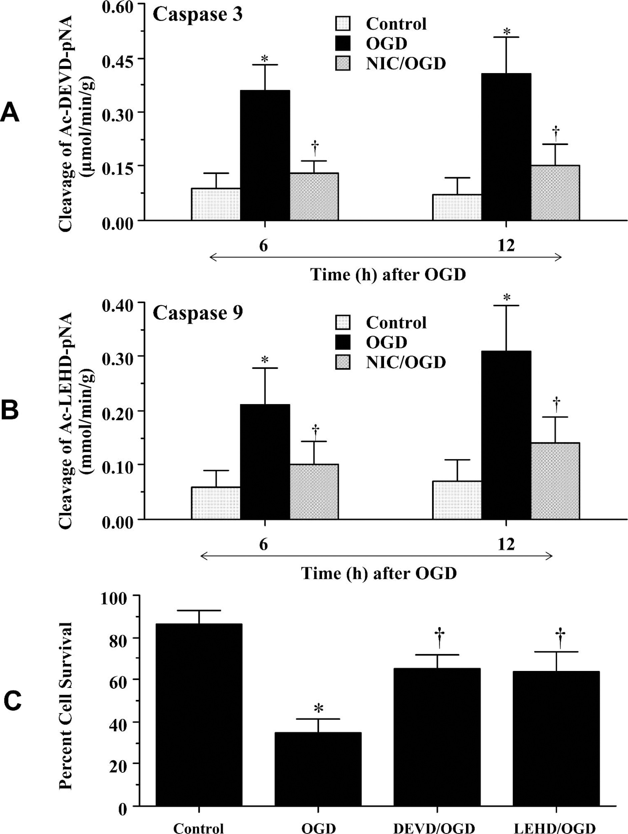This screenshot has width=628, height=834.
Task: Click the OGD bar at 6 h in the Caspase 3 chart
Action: (265, 155)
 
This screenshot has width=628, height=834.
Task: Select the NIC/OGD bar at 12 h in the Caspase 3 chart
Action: (555, 193)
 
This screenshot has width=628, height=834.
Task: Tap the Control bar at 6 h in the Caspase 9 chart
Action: (216, 503)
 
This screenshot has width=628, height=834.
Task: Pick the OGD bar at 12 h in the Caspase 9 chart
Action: (506, 435)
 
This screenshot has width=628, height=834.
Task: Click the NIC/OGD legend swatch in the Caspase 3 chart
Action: (343, 63)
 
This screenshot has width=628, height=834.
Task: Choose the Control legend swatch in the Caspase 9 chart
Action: (343, 322)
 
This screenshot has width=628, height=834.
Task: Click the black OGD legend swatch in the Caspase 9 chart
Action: (343, 342)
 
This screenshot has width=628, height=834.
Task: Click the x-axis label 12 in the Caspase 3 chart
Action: (506, 246)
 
